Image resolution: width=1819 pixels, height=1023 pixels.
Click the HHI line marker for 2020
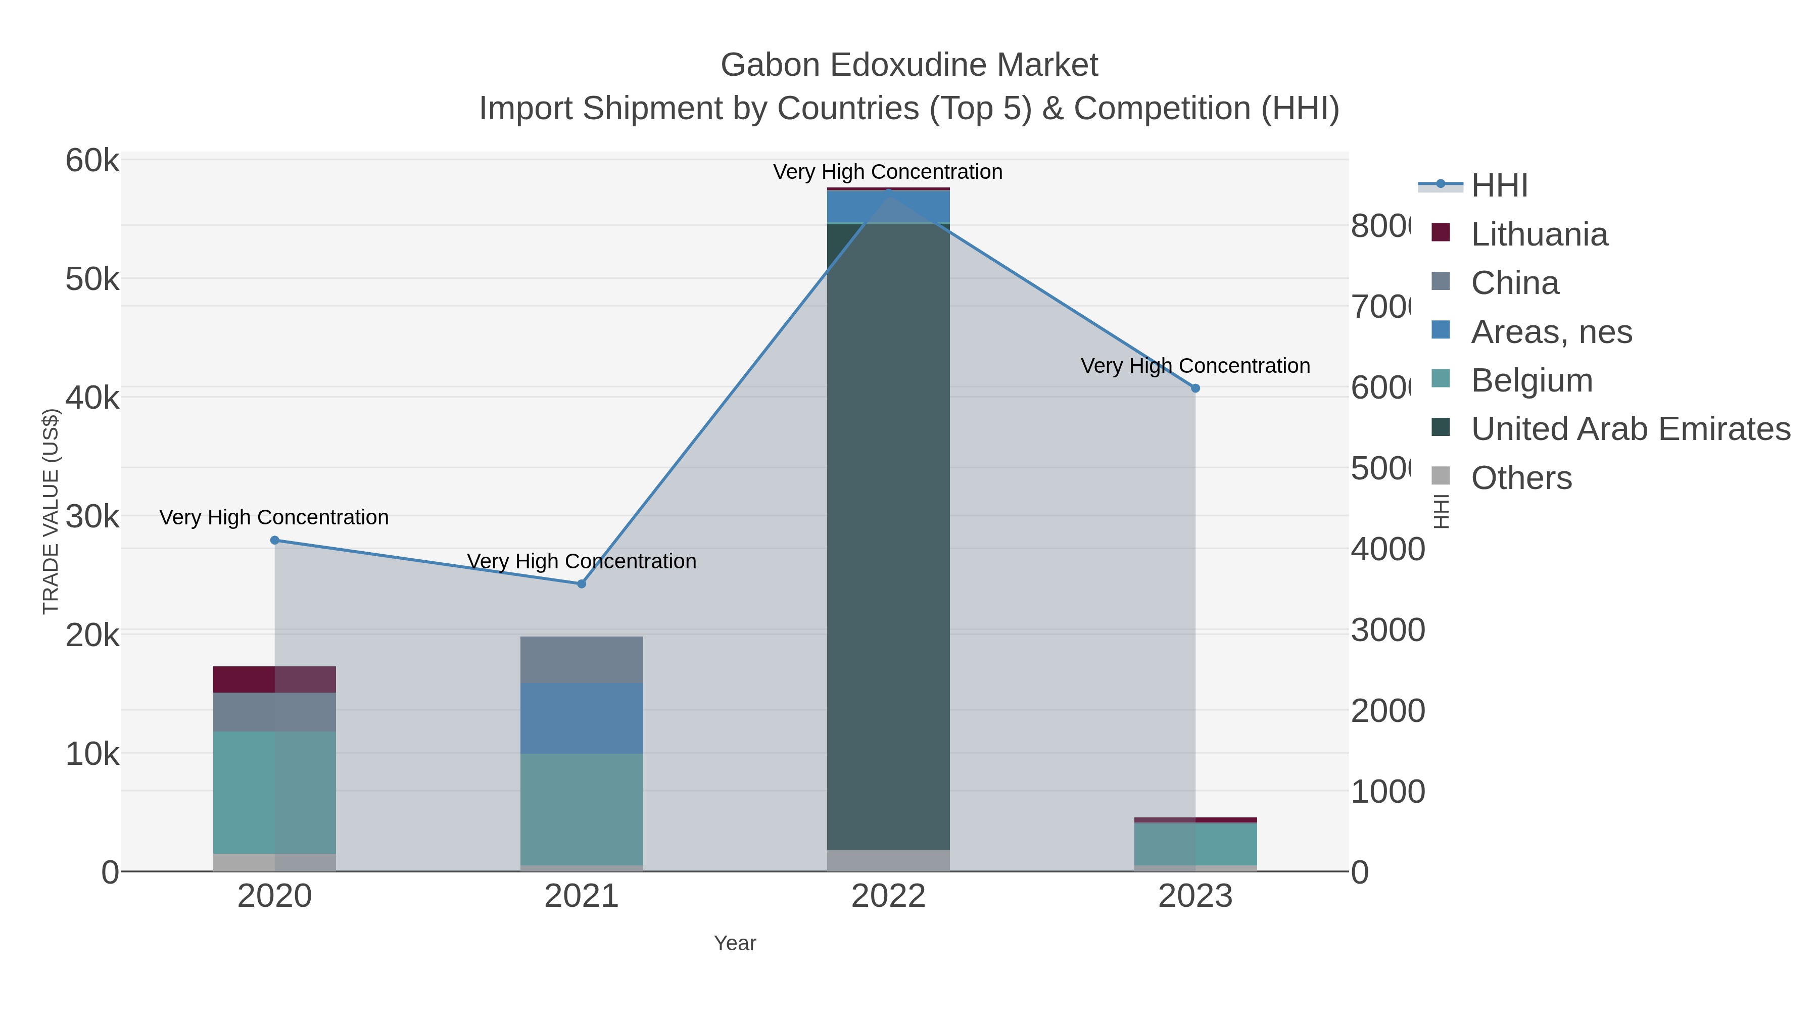tap(275, 540)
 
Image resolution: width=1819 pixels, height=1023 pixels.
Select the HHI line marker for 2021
tap(581, 584)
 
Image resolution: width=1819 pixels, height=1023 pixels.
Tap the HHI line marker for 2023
tap(1195, 388)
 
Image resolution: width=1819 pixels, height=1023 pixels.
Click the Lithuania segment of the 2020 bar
tap(275, 679)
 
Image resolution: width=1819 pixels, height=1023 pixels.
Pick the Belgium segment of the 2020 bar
tap(275, 792)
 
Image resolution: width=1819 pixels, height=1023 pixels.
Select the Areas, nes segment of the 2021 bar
tap(581, 718)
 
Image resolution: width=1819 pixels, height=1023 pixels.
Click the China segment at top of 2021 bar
tap(581, 659)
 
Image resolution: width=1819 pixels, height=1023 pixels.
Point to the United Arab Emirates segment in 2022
tap(888, 537)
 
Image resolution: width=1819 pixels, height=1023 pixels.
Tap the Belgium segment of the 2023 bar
tap(1195, 844)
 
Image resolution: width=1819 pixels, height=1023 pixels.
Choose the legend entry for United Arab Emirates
tap(1630, 428)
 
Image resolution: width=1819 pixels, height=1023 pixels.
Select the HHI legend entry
tap(1499, 186)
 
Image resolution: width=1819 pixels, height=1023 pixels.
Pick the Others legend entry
tap(1521, 478)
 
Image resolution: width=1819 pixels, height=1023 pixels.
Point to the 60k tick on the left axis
tap(92, 160)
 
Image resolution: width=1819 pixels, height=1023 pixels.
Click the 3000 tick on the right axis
tap(1387, 630)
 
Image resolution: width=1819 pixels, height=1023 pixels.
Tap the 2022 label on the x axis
tap(888, 896)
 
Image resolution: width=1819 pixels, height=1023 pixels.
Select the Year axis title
tap(734, 943)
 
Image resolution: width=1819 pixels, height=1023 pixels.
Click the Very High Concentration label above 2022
tap(888, 172)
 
